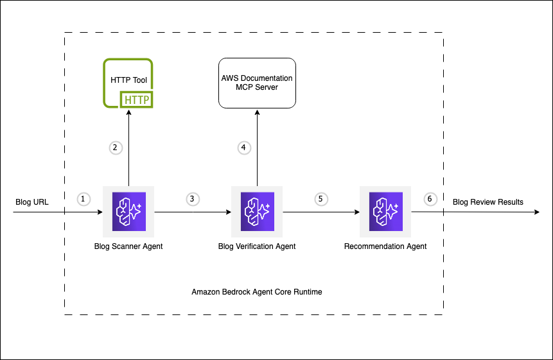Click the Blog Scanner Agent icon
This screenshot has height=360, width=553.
pyautogui.click(x=128, y=212)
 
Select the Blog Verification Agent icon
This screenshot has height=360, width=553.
pyautogui.click(x=257, y=212)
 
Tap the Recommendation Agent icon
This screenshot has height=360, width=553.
pyautogui.click(x=385, y=212)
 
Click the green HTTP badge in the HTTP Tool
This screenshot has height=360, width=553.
pyautogui.click(x=136, y=100)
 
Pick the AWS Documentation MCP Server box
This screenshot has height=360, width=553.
pyautogui.click(x=257, y=83)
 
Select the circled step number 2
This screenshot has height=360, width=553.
pyautogui.click(x=115, y=148)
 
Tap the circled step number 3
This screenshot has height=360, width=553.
pyautogui.click(x=192, y=199)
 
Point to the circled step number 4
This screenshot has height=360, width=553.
pyautogui.click(x=243, y=148)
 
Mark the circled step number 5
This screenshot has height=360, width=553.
pyautogui.click(x=320, y=199)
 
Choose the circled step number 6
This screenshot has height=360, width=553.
pyautogui.click(x=430, y=199)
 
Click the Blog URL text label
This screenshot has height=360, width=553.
pyautogui.click(x=32, y=202)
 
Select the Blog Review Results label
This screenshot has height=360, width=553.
pyautogui.click(x=488, y=202)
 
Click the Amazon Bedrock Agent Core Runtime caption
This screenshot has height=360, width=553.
pyautogui.click(x=257, y=292)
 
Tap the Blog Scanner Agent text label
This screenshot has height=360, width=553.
pyautogui.click(x=128, y=246)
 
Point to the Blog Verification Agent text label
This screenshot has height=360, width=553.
pyautogui.click(x=257, y=246)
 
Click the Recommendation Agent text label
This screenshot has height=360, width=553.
pyautogui.click(x=385, y=246)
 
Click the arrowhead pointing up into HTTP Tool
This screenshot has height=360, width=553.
pyautogui.click(x=128, y=112)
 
